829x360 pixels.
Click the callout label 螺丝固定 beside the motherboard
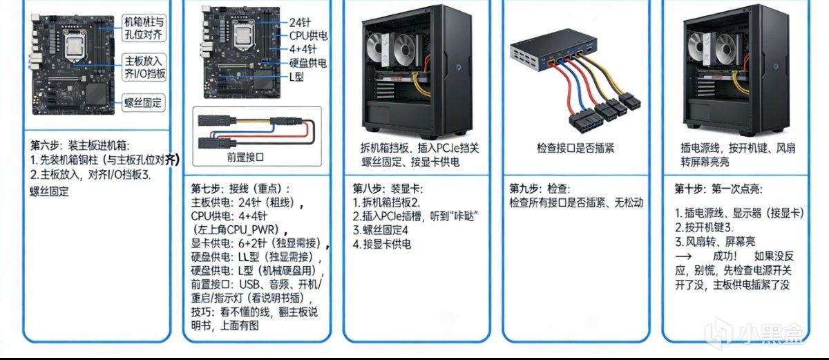click(x=143, y=102)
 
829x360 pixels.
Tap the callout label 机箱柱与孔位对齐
click(x=144, y=28)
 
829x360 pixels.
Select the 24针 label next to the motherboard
click(x=299, y=23)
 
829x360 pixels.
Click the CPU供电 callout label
click(x=308, y=36)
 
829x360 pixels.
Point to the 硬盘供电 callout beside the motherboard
click(x=308, y=63)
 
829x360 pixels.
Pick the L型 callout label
click(x=296, y=77)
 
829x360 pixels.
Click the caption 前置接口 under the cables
click(x=245, y=158)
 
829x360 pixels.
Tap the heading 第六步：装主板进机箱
click(x=80, y=145)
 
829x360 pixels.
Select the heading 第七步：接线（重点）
click(x=240, y=189)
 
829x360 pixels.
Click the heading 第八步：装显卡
click(x=388, y=189)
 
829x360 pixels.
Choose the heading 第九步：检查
click(x=540, y=189)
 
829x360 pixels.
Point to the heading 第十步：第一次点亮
click(x=718, y=189)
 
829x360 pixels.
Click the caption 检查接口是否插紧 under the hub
click(x=575, y=148)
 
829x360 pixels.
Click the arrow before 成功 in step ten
click(x=683, y=256)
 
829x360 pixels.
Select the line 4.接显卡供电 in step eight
click(x=381, y=244)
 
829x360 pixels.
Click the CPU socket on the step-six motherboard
click(x=76, y=46)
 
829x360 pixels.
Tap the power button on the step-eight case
click(x=459, y=67)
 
